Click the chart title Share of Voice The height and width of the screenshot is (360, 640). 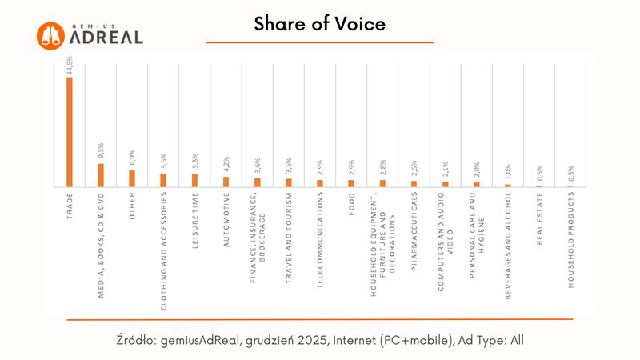319,24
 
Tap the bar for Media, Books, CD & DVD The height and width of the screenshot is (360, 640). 101,175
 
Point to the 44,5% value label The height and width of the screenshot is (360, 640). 70,66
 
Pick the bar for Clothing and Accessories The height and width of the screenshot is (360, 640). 163,180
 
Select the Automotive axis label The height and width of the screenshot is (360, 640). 226,219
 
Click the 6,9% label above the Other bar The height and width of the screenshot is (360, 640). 132,158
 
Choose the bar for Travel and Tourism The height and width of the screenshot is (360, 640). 289,182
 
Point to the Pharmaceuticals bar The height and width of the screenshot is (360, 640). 414,183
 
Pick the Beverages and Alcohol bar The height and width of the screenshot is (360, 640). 507,185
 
